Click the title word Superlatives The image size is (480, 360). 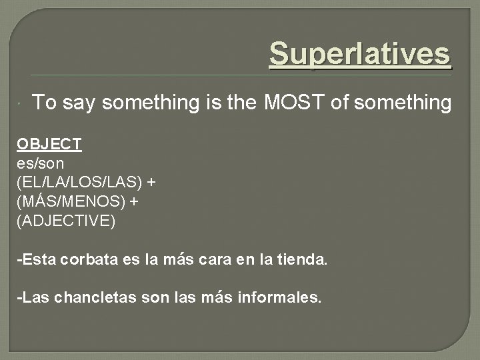coord(360,54)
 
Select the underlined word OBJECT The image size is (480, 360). coord(49,143)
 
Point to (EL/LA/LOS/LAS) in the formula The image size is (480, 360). coord(79,181)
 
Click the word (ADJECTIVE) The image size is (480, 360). coord(66,221)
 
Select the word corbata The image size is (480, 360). coord(88,259)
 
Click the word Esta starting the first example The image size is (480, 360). coord(39,259)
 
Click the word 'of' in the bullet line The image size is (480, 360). coord(340,103)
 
